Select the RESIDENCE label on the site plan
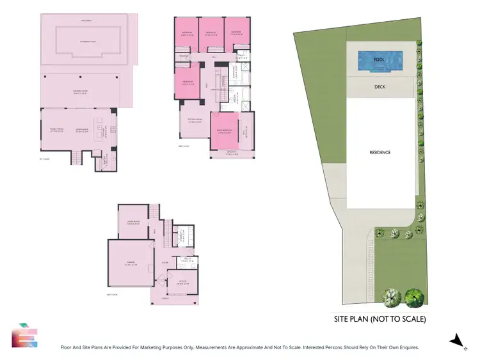[x=380, y=152]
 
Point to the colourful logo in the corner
[x=23, y=335]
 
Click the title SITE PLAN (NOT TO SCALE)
[x=380, y=318]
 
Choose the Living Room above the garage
[x=134, y=224]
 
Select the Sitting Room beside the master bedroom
[x=194, y=120]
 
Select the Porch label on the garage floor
[x=165, y=298]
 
